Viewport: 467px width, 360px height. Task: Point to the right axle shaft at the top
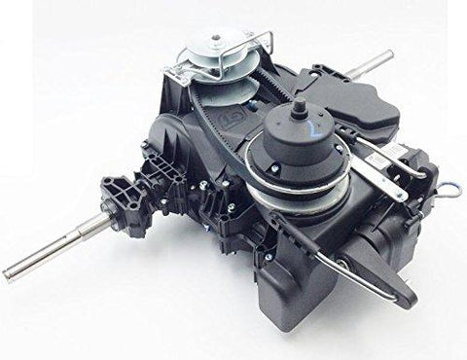click(374, 62)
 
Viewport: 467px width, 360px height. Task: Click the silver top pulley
click(218, 57)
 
